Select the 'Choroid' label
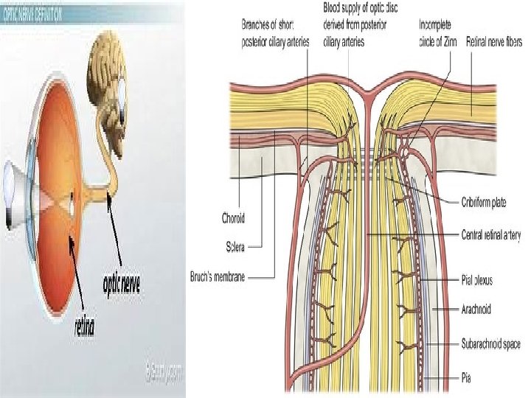(x=234, y=218)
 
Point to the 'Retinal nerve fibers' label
(x=494, y=43)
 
